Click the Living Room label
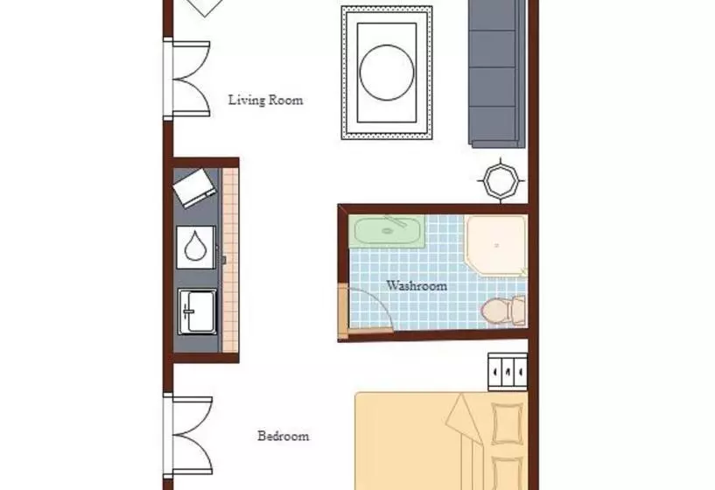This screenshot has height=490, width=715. pos(265,101)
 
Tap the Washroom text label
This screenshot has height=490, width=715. pos(417,286)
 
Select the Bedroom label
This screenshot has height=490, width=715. pos(284,437)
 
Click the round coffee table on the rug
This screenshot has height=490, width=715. pos(387,73)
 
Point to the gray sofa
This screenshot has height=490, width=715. pos(497,73)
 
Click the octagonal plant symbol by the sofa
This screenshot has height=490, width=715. pos(501,181)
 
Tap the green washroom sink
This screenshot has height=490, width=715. pos(387,232)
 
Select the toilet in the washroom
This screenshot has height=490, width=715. pos(503,311)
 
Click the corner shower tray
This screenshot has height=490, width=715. pos(496,246)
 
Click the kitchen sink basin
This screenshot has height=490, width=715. pos(197,311)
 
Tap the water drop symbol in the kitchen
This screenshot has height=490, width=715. pos(196,247)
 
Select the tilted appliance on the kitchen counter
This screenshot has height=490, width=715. pos(194,188)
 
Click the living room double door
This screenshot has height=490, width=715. pos(187,79)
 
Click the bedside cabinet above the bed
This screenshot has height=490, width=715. pos(508,372)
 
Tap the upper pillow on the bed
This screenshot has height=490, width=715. pos(507,423)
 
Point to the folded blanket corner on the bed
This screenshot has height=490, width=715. pos(464,419)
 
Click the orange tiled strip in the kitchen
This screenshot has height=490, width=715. pos(230,260)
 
